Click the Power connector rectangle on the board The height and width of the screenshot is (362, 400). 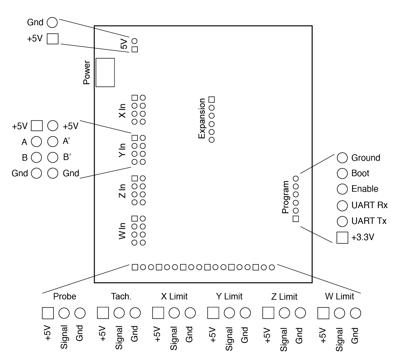[105, 72]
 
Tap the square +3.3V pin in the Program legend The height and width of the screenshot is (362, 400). [342, 237]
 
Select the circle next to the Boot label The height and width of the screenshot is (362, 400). [342, 173]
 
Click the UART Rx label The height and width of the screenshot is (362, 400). [369, 205]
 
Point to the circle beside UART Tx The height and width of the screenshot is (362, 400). [342, 221]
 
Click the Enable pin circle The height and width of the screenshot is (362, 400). [342, 189]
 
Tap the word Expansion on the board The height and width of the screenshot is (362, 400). [202, 119]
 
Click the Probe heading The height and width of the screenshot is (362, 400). [65, 297]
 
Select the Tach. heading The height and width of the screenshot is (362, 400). [121, 297]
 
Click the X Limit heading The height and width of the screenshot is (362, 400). [174, 297]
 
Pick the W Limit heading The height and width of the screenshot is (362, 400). [339, 297]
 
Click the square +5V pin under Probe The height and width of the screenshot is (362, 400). [48, 313]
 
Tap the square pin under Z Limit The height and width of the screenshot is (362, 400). [268, 313]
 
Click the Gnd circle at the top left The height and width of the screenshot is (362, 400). [52, 22]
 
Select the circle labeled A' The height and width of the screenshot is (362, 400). [52, 141]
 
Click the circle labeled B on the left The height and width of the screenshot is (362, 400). [37, 157]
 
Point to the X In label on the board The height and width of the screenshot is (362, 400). [122, 110]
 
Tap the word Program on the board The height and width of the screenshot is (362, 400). [286, 197]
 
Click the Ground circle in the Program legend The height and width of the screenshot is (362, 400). [342, 158]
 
